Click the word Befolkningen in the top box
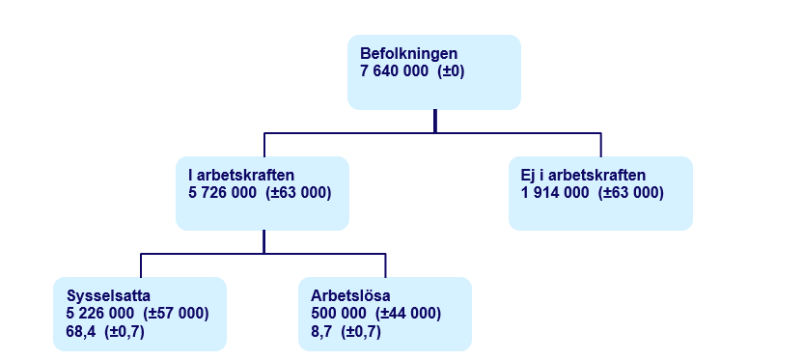pyautogui.click(x=408, y=54)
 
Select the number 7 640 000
pyautogui.click(x=394, y=71)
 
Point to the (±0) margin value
pyautogui.click(x=451, y=71)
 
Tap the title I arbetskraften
pyautogui.click(x=241, y=175)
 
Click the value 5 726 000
pyautogui.click(x=223, y=193)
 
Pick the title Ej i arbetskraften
pyautogui.click(x=583, y=175)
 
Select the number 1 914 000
pyautogui.click(x=555, y=193)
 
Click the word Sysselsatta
pyautogui.click(x=108, y=296)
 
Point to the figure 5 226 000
pyautogui.click(x=100, y=314)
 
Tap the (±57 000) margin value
pyautogui.click(x=177, y=314)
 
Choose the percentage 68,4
pyautogui.click(x=80, y=332)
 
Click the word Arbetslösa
pyautogui.click(x=350, y=296)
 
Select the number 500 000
pyautogui.click(x=339, y=314)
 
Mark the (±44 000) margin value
pyautogui.click(x=408, y=314)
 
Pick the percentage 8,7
pyautogui.click(x=320, y=332)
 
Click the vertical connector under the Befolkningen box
pyautogui.click(x=434, y=122)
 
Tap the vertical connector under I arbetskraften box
pyautogui.click(x=263, y=242)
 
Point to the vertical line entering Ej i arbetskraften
pyautogui.click(x=600, y=145)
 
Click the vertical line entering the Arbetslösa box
pyautogui.click(x=385, y=265)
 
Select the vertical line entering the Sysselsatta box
pyautogui.click(x=141, y=265)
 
